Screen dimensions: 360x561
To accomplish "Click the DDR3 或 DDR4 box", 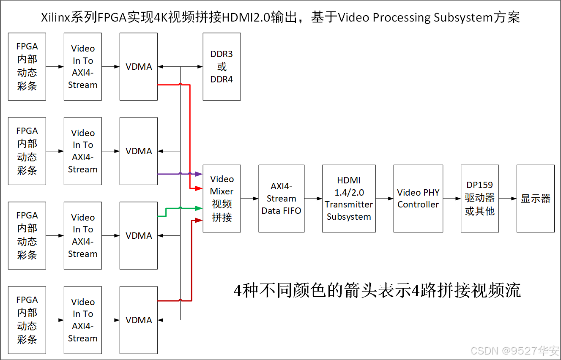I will click(222, 67).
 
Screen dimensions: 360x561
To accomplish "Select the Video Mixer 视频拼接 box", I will click(222, 198).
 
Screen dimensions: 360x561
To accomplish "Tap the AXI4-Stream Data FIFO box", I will click(281, 198).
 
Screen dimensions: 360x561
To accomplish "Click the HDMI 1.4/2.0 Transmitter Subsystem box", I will click(349, 198).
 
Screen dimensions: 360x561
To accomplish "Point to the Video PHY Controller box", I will click(418, 198).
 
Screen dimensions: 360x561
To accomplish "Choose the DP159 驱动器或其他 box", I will click(479, 198).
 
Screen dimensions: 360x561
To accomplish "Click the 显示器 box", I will click(535, 198).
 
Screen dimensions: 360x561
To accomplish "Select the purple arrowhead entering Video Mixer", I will click(199, 174).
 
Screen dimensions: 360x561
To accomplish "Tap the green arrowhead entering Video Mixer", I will click(199, 207).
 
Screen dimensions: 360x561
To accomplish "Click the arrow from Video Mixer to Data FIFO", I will click(250, 198).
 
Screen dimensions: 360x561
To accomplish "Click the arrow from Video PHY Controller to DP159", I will click(452, 198).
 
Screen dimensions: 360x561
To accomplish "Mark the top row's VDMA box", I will click(139, 67).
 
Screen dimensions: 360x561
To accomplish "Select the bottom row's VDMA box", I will click(139, 320).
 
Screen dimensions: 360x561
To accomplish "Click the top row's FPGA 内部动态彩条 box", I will click(27, 67).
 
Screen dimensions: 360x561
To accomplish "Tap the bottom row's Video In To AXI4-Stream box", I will click(83, 320).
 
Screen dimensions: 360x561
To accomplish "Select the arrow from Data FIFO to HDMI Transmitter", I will click(313, 198).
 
